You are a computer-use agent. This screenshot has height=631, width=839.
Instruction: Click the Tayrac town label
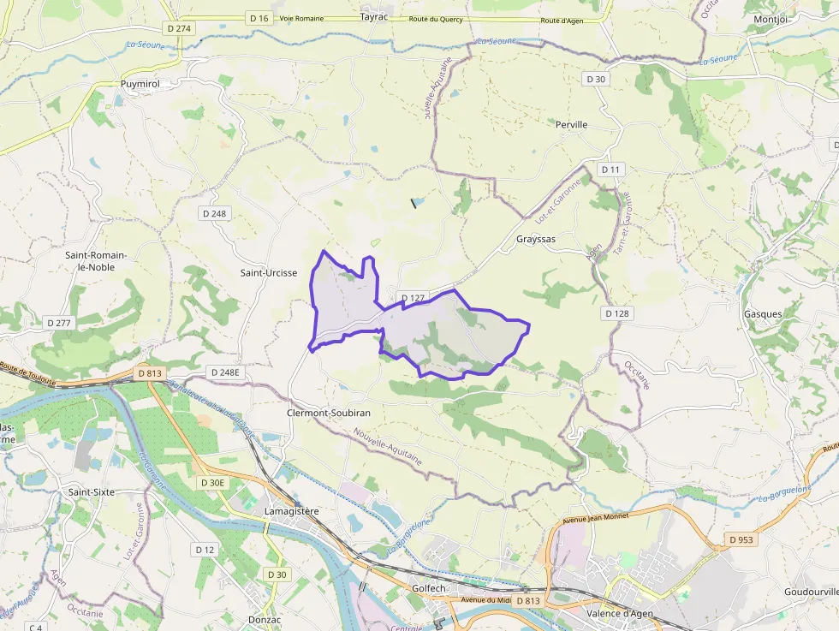(x=374, y=16)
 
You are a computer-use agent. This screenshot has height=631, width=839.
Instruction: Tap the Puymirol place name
(x=140, y=84)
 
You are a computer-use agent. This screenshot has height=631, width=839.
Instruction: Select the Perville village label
(x=571, y=124)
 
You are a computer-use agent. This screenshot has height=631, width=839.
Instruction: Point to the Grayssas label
(x=536, y=239)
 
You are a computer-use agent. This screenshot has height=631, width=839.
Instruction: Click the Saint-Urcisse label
(x=268, y=273)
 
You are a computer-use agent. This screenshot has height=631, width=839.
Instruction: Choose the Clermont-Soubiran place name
(x=328, y=412)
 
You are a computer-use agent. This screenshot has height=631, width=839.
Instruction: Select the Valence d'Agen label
(x=621, y=614)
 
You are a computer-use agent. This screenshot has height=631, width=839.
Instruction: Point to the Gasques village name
(x=762, y=314)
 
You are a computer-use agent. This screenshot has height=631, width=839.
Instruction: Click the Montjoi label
(x=771, y=19)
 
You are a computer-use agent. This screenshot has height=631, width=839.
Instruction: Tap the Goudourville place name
(x=810, y=592)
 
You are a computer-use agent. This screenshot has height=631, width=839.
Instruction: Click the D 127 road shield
(x=412, y=298)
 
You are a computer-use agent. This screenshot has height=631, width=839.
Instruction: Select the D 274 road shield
(x=181, y=28)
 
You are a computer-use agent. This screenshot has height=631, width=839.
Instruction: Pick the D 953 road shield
(x=742, y=539)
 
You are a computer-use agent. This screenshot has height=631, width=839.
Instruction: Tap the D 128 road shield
(x=616, y=313)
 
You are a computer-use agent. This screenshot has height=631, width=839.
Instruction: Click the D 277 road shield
(x=59, y=323)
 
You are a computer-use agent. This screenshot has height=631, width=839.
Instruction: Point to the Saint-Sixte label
(x=91, y=492)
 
